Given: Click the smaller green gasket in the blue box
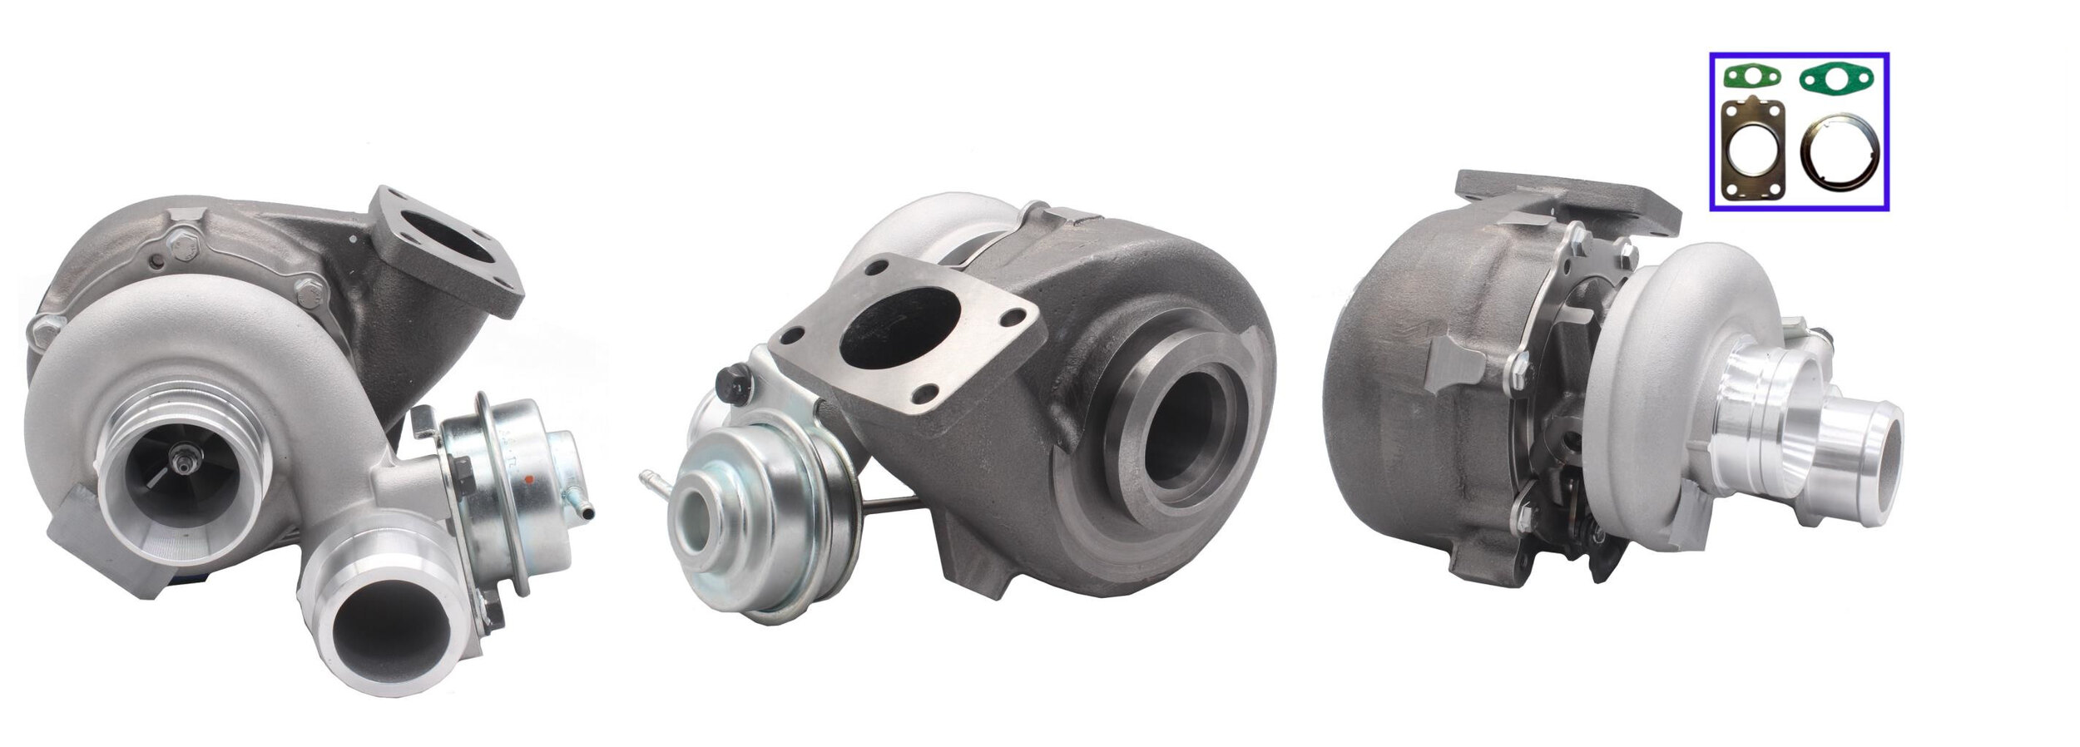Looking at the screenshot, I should (1751, 78).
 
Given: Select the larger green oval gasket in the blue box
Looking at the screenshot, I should (1835, 80).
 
